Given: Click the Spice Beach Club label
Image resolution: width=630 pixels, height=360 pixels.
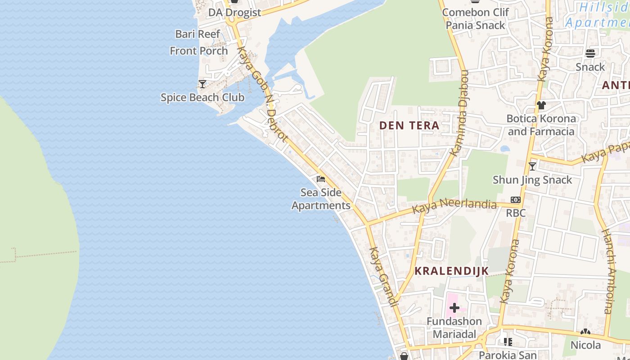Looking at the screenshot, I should [x=202, y=97].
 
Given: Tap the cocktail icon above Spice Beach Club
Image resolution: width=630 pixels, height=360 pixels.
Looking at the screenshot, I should [x=202, y=84].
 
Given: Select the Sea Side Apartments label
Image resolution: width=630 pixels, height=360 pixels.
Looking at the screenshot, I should [x=321, y=199].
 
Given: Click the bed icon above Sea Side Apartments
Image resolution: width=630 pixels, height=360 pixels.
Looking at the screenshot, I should [x=321, y=179].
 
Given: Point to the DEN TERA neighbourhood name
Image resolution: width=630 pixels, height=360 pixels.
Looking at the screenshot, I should [x=409, y=126].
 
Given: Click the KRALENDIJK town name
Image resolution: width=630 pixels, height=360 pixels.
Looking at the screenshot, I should [x=445, y=271].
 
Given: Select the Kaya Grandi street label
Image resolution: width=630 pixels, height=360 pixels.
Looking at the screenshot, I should [x=383, y=276].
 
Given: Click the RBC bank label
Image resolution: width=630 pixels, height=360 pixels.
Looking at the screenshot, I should [x=516, y=213].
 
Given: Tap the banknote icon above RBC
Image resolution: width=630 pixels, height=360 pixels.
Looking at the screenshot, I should [x=516, y=200].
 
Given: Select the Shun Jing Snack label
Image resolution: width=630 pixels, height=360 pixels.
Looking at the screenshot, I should [x=532, y=180].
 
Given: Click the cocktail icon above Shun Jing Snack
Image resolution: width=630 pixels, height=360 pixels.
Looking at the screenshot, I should [x=532, y=166].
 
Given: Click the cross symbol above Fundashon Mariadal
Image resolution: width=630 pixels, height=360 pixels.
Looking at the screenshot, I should [x=454, y=308].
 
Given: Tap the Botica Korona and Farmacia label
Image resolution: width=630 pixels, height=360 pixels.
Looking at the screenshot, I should [x=541, y=125].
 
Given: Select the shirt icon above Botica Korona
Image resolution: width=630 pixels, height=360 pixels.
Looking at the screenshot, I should [x=541, y=105].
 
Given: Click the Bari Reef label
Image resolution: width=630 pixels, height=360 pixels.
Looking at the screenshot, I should [x=198, y=34].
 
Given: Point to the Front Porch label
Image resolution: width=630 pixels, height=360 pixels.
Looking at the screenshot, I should [x=199, y=51].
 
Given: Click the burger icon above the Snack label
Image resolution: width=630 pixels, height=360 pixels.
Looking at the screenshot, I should [x=590, y=54].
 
